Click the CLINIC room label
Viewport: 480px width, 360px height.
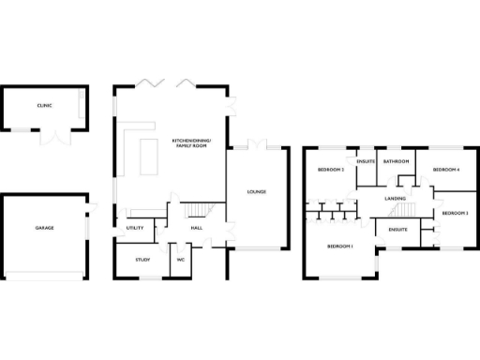pyautogui.click(x=44, y=106)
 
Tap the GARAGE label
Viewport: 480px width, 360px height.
pyautogui.click(x=44, y=228)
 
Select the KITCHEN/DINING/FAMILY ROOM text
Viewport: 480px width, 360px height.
pyautogui.click(x=192, y=142)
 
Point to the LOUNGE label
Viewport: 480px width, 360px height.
pyautogui.click(x=256, y=192)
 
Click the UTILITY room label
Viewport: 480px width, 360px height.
pyautogui.click(x=134, y=228)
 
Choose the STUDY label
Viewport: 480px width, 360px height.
pyautogui.click(x=142, y=260)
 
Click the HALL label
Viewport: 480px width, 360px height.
pyautogui.click(x=197, y=228)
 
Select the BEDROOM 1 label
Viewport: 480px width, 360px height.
pyautogui.click(x=339, y=246)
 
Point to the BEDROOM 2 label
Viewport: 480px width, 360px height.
pyautogui.click(x=330, y=170)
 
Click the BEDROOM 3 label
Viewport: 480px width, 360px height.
pyautogui.click(x=455, y=214)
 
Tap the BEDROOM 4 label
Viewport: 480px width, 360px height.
pyautogui.click(x=445, y=170)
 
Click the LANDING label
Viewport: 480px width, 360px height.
pyautogui.click(x=396, y=199)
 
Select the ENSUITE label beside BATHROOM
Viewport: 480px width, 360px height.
pyautogui.click(x=366, y=161)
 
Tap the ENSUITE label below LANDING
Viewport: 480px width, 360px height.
pyautogui.click(x=397, y=229)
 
